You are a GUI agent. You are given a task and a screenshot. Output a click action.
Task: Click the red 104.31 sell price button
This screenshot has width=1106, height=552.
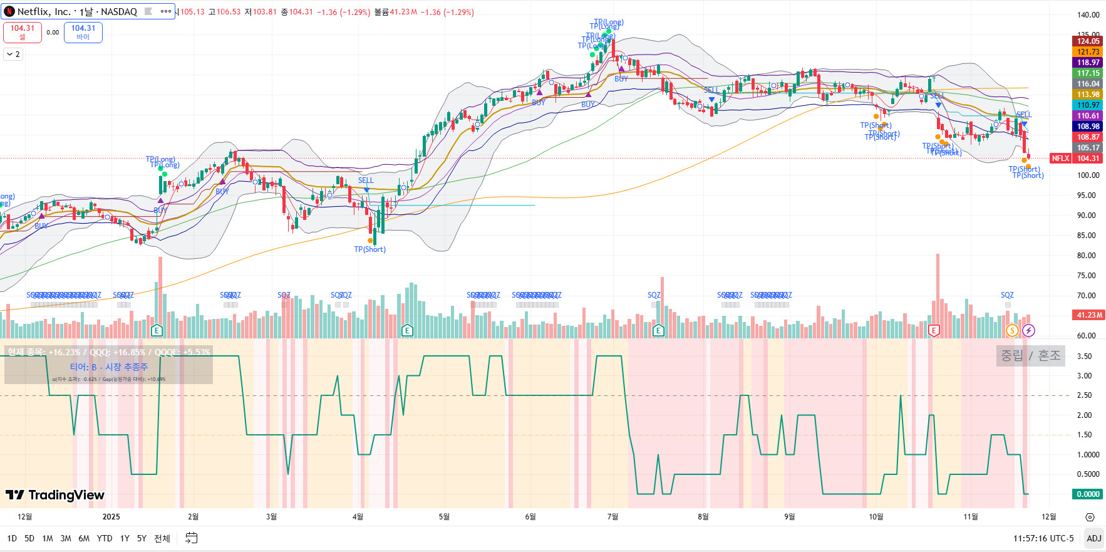(x=23, y=32)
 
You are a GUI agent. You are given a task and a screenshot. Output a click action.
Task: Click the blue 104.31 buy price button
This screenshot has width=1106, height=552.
(x=83, y=32)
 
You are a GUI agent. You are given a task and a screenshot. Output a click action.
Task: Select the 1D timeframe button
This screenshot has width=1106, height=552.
(x=12, y=538)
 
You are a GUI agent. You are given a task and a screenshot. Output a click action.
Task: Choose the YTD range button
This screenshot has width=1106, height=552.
(x=105, y=538)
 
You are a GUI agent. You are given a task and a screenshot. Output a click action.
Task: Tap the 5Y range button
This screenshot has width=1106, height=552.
(x=142, y=538)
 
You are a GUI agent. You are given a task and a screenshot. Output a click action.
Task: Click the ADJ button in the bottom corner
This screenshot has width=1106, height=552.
(x=1093, y=538)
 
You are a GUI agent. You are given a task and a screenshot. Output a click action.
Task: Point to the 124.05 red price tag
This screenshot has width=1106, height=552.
(x=1088, y=41)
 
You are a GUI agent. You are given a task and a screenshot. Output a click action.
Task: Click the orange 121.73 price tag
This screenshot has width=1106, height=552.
(x=1088, y=52)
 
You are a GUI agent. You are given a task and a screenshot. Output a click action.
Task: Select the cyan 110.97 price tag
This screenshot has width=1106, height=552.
(x=1088, y=105)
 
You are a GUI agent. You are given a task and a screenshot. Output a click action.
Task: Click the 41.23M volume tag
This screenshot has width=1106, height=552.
(x=1089, y=315)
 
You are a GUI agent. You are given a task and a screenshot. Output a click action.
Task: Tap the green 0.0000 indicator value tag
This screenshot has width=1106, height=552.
(x=1088, y=494)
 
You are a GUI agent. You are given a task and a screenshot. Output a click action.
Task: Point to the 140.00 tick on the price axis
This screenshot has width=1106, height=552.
(x=1088, y=15)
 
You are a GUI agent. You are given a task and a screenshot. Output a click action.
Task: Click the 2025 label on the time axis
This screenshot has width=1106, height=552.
(x=111, y=517)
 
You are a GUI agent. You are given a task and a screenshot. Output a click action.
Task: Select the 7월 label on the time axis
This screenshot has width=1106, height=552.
(x=612, y=517)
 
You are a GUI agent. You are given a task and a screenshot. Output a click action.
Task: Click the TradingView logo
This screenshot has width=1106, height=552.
(x=55, y=496)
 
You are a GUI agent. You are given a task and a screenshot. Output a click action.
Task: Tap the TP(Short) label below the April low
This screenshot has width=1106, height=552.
(x=370, y=249)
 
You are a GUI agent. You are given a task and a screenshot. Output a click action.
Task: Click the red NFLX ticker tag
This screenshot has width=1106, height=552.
(x=1060, y=159)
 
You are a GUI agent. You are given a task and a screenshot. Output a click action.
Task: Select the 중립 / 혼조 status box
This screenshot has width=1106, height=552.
(x=1030, y=356)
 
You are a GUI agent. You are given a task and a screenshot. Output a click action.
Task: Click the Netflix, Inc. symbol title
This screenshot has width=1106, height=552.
(x=76, y=11)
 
